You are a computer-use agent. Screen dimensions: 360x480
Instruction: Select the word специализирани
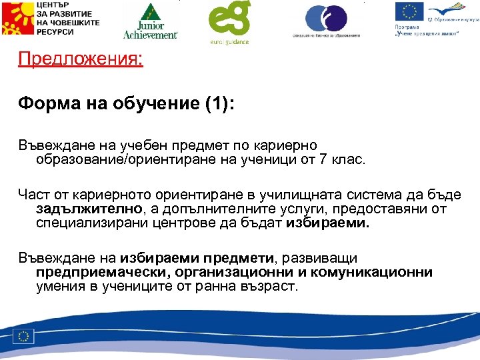83,224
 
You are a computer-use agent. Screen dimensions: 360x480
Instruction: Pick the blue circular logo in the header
326,18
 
